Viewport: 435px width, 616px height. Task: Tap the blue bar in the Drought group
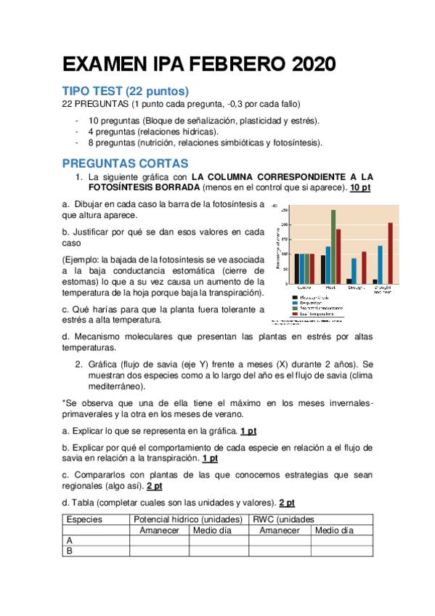354,270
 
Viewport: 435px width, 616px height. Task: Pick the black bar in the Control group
296,268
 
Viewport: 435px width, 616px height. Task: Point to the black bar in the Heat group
323,269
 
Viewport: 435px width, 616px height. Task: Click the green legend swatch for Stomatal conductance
294,308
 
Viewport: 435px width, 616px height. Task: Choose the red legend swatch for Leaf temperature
294,313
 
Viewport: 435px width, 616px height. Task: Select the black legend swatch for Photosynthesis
294,297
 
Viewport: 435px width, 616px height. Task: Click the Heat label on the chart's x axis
329,288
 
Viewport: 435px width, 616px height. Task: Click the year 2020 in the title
314,65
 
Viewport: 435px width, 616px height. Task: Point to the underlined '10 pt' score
360,187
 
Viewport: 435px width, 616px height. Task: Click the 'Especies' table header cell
84,519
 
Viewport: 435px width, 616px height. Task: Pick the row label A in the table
70,540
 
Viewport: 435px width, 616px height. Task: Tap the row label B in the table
70,551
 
